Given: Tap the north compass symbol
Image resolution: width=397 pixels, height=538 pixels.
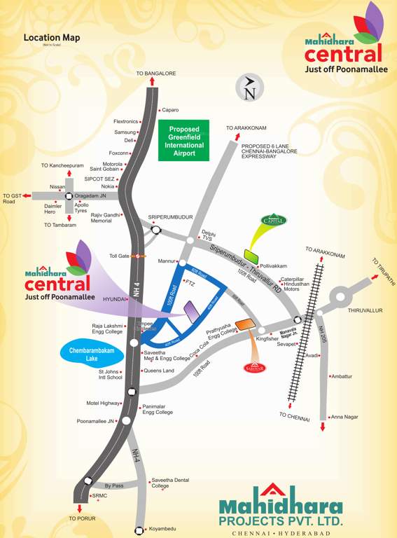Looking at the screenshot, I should [249, 89].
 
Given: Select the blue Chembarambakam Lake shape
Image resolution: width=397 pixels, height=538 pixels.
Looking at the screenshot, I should [96, 351].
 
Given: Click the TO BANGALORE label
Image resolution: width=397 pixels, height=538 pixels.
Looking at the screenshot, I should [156, 74].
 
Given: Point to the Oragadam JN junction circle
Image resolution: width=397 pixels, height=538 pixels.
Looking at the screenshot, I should [69, 197].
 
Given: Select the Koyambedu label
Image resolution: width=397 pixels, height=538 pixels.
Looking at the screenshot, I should [163, 529].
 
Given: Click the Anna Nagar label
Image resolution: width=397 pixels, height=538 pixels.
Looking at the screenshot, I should [344, 417].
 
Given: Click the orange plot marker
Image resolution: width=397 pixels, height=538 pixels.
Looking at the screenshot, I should [244, 324].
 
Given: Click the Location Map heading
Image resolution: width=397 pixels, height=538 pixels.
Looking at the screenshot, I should [52, 37].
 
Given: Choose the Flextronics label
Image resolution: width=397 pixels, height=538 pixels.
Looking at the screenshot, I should [126, 121].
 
